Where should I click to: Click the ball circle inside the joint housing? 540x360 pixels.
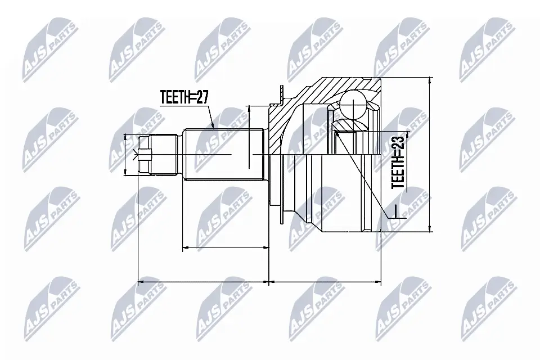354,103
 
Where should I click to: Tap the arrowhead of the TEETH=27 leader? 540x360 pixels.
213,127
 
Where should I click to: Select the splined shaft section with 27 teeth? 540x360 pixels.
225,154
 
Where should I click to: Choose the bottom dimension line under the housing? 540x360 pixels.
325,279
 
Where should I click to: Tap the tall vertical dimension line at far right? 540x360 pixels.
430,154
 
